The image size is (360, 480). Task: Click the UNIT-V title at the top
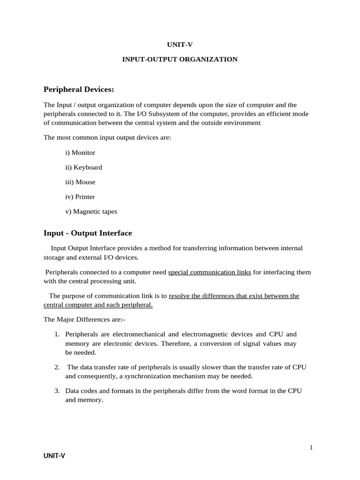click(x=180, y=45)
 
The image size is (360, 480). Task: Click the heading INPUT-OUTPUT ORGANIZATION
click(x=180, y=60)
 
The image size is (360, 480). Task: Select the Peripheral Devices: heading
click(x=79, y=89)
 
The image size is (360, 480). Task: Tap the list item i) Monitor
click(x=80, y=152)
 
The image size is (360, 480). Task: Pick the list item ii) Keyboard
click(x=83, y=167)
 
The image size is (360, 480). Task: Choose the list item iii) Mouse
click(x=80, y=182)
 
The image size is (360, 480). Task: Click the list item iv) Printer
click(x=80, y=197)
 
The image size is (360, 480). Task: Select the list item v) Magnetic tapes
click(x=91, y=211)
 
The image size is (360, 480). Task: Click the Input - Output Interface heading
click(x=88, y=233)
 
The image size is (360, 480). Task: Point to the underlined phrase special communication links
click(x=209, y=272)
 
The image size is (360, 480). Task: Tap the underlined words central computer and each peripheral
click(x=98, y=305)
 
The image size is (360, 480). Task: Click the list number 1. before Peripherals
click(x=56, y=335)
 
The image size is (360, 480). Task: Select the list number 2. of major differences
click(x=56, y=367)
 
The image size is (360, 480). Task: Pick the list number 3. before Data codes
click(x=56, y=390)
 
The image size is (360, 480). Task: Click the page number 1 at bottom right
click(x=311, y=448)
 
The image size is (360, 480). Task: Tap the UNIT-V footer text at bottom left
click(x=54, y=456)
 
